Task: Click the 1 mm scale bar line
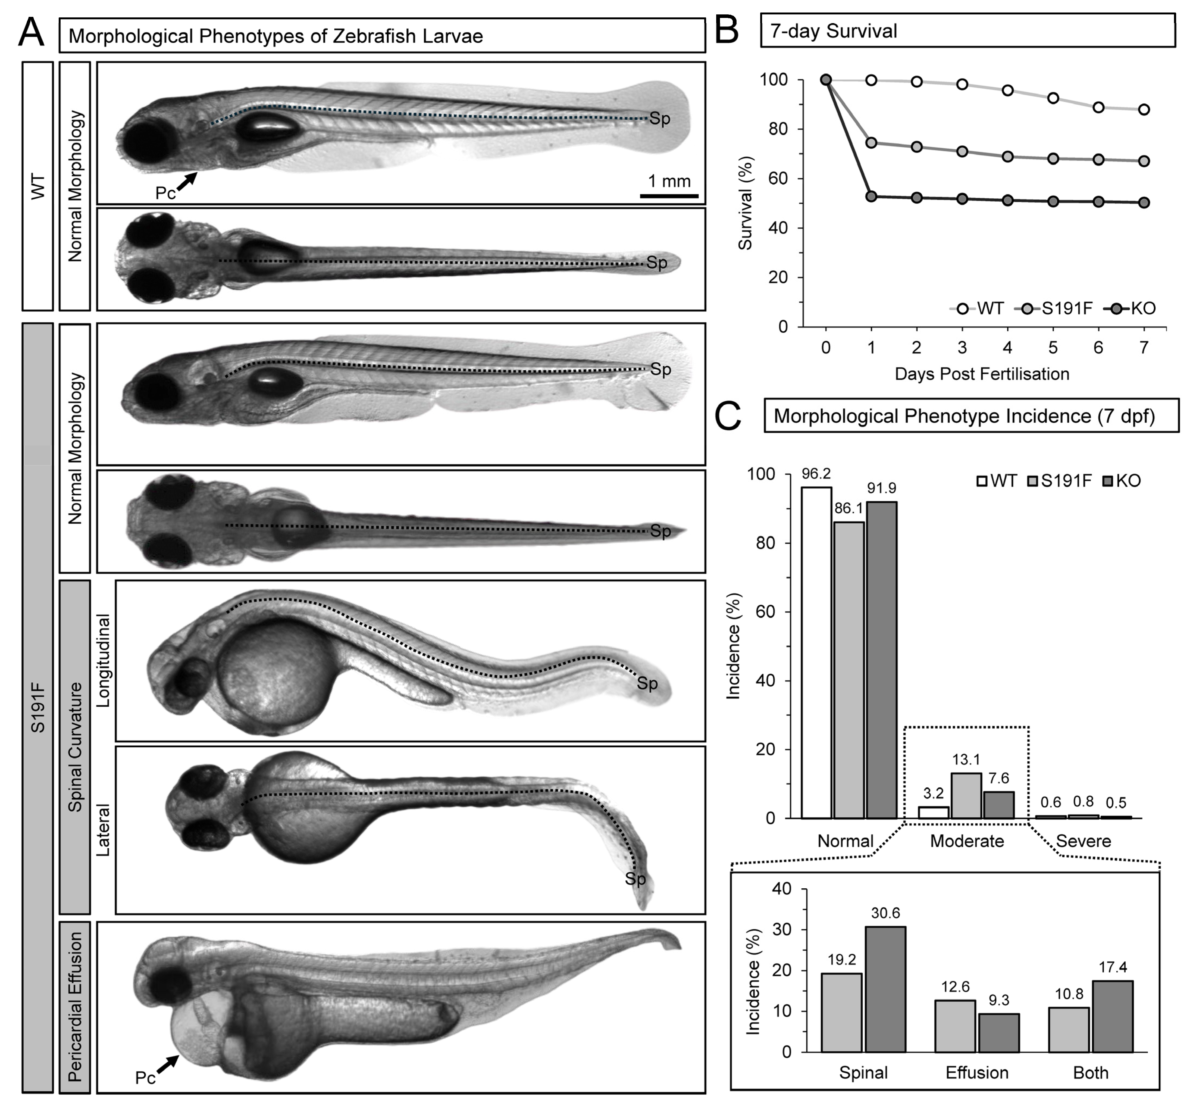click(669, 196)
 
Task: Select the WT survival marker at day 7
click(1143, 110)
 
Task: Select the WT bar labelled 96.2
click(816, 652)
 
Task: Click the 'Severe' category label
click(1083, 841)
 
